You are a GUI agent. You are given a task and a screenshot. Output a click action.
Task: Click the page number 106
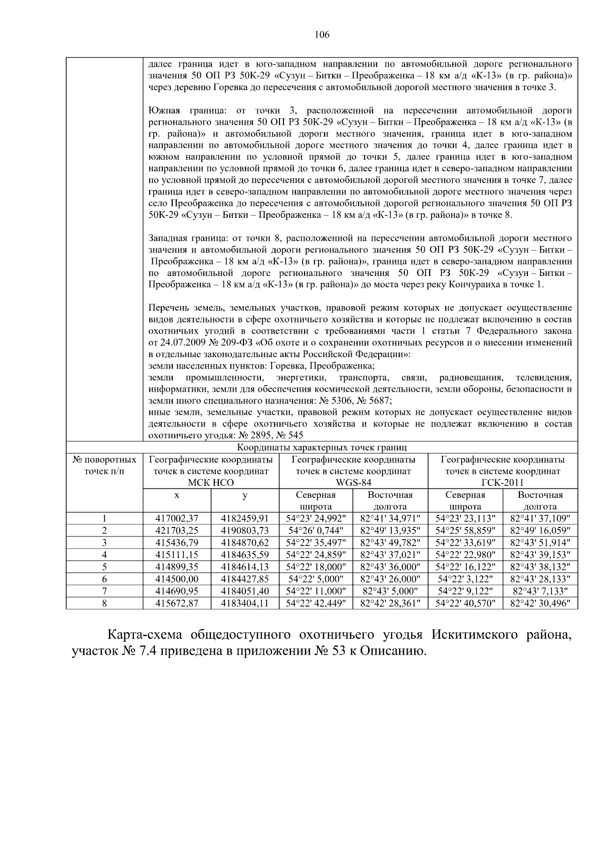[322, 35]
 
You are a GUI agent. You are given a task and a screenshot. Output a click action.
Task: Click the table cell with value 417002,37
[177, 518]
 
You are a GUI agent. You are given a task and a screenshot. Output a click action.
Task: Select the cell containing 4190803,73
[245, 530]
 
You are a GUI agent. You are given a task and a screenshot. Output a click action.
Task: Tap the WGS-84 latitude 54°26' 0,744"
[316, 530]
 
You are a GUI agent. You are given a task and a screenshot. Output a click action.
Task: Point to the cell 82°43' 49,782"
[390, 542]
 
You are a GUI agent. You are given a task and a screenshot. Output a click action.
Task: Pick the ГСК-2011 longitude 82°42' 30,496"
[540, 603]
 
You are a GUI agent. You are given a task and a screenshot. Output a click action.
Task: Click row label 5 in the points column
[104, 567]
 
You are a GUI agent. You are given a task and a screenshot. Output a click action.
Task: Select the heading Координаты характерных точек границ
[322, 447]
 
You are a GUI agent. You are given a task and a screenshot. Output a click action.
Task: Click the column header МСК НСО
[210, 483]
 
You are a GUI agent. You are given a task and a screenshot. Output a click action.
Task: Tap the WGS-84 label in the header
[353, 483]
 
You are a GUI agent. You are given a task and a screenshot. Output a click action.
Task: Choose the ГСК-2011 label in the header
[502, 483]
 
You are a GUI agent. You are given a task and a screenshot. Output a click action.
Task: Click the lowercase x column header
[177, 495]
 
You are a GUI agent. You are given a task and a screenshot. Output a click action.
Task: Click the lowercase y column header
[245, 495]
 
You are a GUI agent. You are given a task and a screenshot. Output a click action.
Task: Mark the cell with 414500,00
[177, 579]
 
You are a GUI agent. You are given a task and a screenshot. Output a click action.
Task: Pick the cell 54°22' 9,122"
[465, 591]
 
